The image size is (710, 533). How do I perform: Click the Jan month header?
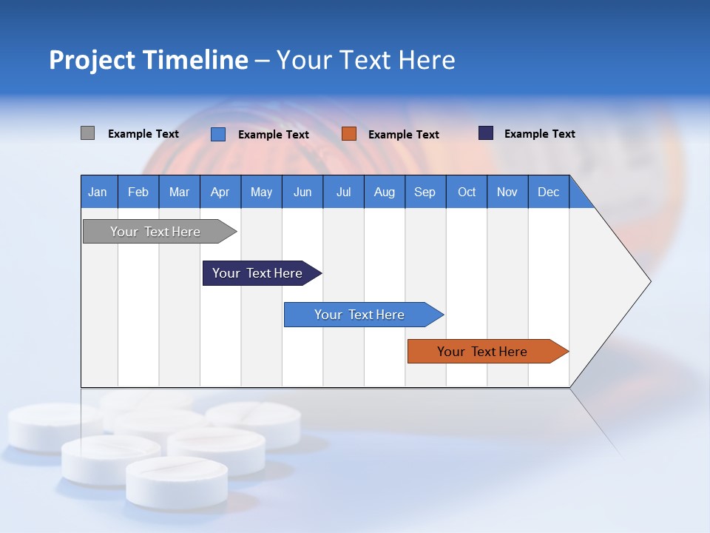click(x=98, y=192)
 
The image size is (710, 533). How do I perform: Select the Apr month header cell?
click(x=220, y=192)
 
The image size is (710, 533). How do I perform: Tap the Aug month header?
click(x=384, y=192)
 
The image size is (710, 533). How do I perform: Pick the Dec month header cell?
click(x=548, y=192)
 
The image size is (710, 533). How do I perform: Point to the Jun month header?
click(x=302, y=192)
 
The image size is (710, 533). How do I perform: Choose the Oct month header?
click(x=466, y=192)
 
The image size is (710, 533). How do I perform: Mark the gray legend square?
click(x=87, y=133)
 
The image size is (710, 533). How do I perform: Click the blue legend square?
click(x=217, y=134)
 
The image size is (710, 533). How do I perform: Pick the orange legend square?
click(x=348, y=134)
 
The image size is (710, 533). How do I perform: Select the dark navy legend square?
click(x=485, y=133)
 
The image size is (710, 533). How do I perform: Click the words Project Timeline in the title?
click(x=148, y=60)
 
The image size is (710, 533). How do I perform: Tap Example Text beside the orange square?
click(x=403, y=135)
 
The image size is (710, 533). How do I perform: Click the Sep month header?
click(x=425, y=192)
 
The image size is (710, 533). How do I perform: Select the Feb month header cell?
click(x=138, y=192)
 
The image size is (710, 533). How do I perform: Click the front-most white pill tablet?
click(x=177, y=481)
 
